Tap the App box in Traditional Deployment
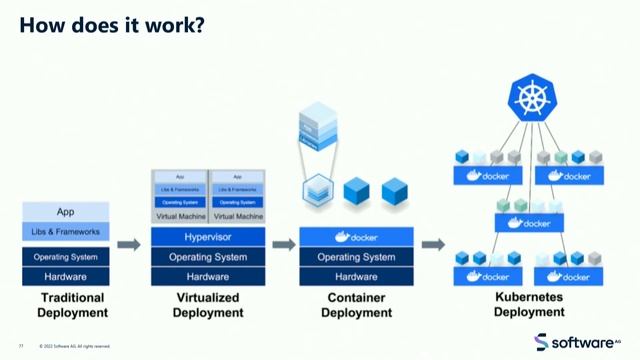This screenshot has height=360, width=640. (x=65, y=212)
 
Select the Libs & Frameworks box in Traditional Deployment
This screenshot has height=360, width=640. (x=65, y=232)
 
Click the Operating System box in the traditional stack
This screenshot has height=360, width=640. (x=65, y=257)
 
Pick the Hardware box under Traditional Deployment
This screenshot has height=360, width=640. (x=65, y=276)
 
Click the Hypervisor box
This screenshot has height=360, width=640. (x=208, y=238)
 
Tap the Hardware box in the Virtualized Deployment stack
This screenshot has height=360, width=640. (x=208, y=276)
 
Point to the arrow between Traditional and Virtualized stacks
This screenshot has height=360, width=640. (x=128, y=245)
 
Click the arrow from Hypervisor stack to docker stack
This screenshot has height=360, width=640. (x=284, y=245)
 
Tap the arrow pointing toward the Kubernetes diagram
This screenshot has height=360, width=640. (x=432, y=245)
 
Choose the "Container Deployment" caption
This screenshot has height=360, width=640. (x=356, y=305)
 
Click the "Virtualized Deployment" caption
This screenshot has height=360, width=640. (x=208, y=305)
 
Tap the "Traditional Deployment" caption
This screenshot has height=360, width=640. (x=65, y=305)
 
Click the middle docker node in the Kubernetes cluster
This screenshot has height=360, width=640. (x=529, y=223)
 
